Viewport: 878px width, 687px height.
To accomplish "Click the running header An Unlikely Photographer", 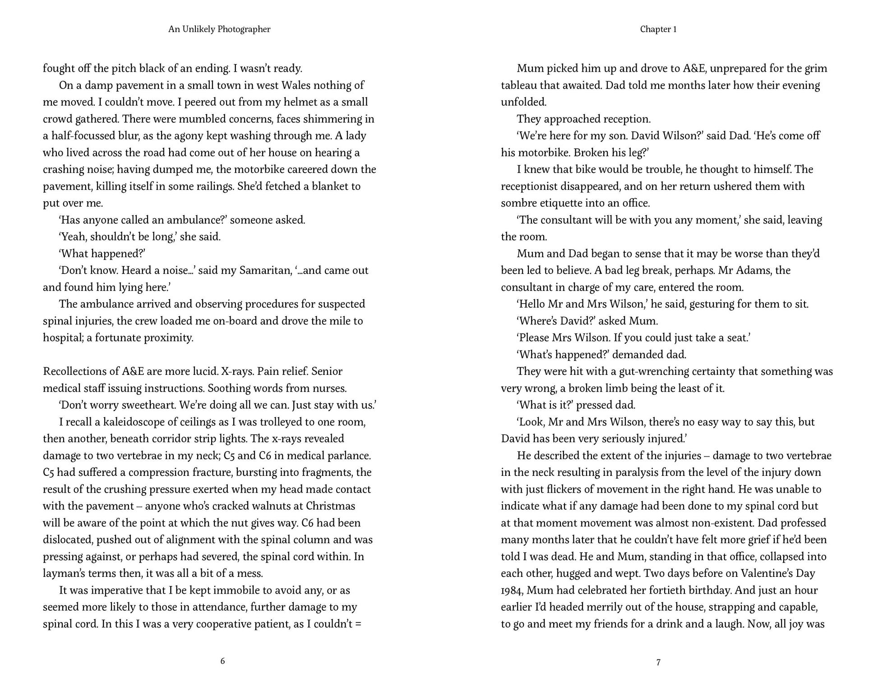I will tap(219, 29).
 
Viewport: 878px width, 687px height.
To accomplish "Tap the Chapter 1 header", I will tap(658, 29).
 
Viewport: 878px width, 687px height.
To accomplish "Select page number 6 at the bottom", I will tap(222, 661).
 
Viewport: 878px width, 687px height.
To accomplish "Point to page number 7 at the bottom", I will tap(658, 662).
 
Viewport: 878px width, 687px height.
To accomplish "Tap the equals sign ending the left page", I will tap(358, 624).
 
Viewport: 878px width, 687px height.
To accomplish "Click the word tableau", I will tap(521, 85).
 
